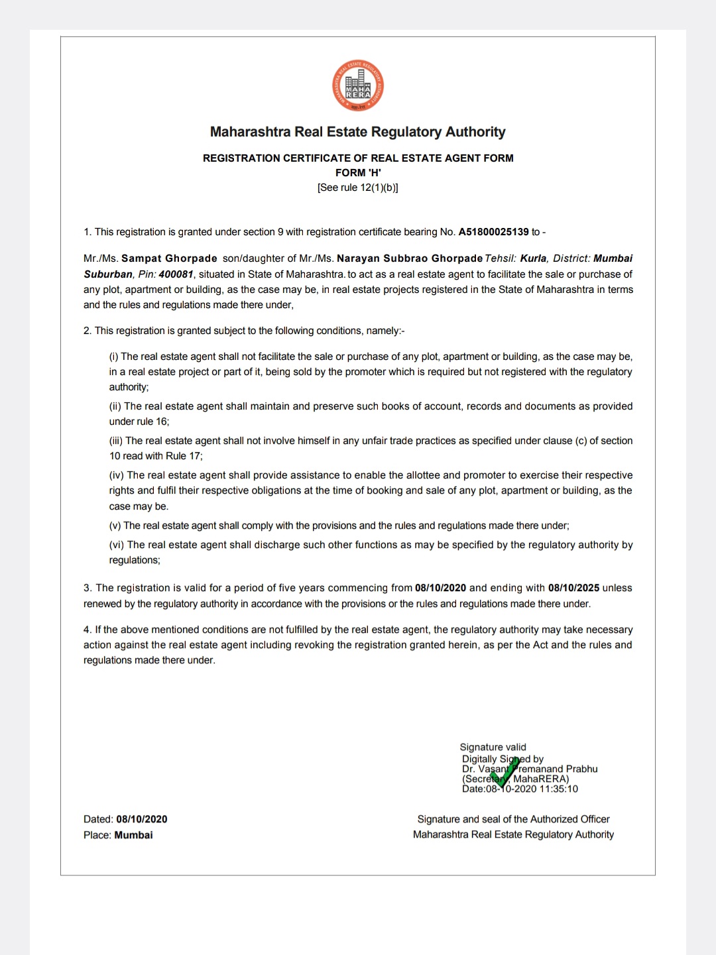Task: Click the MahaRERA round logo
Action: [x=358, y=86]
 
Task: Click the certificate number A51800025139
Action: [x=493, y=232]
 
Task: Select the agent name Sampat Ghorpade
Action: [x=169, y=258]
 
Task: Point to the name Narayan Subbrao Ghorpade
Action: [x=410, y=258]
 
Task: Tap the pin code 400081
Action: [x=176, y=274]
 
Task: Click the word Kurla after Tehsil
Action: [x=533, y=258]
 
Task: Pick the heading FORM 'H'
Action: [x=358, y=173]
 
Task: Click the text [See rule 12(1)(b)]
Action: [x=358, y=188]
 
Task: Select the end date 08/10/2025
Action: [x=573, y=588]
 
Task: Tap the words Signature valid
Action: [x=493, y=747]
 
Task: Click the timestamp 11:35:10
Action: [x=559, y=789]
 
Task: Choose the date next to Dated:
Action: [x=142, y=819]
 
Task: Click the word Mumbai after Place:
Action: [x=133, y=835]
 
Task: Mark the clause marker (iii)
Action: [x=116, y=441]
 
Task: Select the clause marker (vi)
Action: [x=117, y=545]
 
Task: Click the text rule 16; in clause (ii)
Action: [x=153, y=421]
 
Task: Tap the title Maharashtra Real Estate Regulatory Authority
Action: [x=358, y=132]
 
